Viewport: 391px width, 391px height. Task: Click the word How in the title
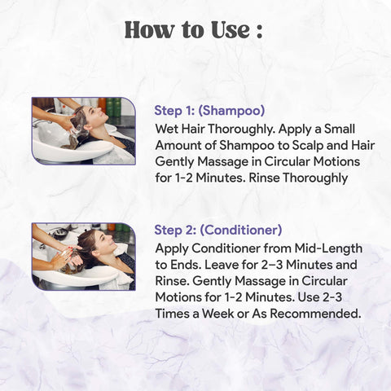[x=150, y=29]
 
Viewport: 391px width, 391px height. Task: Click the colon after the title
[x=259, y=32]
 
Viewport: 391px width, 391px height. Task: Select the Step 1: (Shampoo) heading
[x=209, y=111]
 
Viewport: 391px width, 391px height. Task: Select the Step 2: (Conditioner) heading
[x=218, y=230]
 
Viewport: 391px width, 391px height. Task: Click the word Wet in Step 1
[x=167, y=129]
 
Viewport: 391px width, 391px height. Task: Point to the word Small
[x=340, y=129]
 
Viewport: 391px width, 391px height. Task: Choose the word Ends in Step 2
[x=186, y=265]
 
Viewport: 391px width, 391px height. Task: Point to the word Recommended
[x=315, y=314]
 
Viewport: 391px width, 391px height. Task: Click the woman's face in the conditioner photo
[x=103, y=240]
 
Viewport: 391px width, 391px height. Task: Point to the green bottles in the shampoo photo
[x=113, y=107]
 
